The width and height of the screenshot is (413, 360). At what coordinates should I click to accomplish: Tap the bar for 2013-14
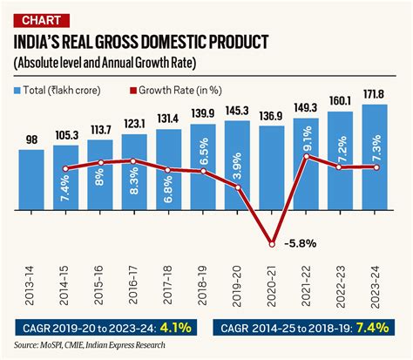click(x=31, y=179)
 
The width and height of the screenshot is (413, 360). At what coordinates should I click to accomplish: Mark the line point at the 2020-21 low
click(x=274, y=243)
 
